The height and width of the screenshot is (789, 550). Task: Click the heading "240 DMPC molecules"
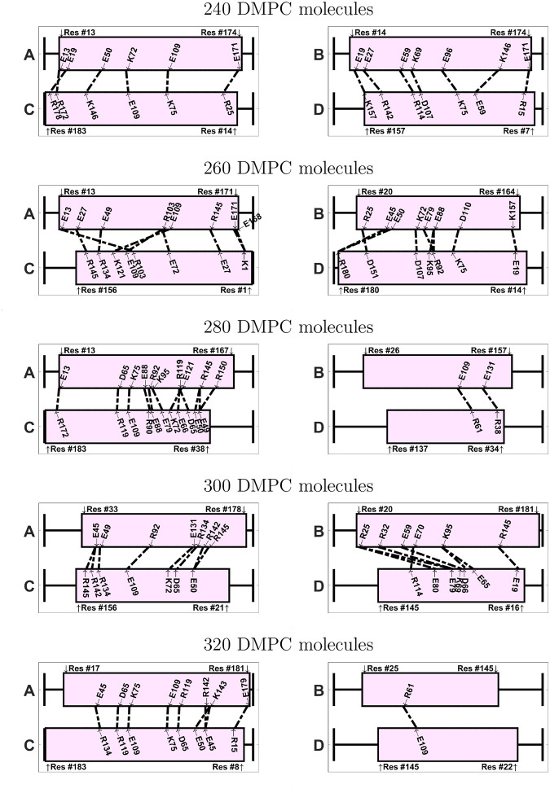coord(275,11)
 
